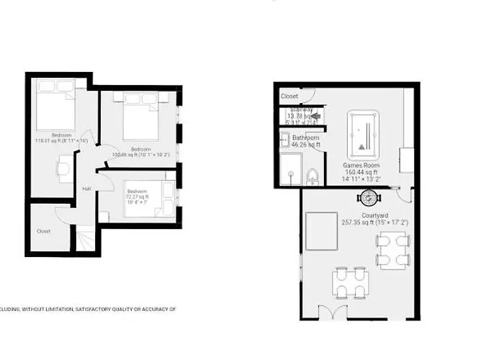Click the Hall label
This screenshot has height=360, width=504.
[x=86, y=189]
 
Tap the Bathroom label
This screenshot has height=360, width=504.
[x=305, y=138]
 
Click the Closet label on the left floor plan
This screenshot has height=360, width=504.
[x=44, y=231]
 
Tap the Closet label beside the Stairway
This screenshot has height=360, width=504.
[x=289, y=96]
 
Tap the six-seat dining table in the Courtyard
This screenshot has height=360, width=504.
[x=351, y=282]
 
